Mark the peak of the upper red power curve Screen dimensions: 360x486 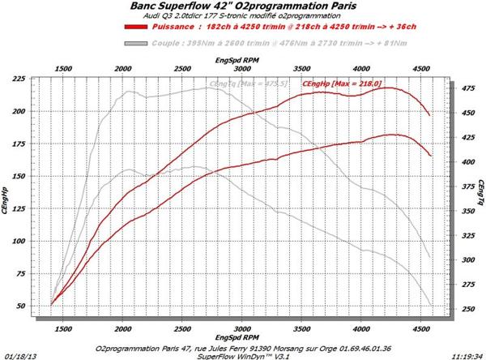pyautogui.click(x=388, y=88)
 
